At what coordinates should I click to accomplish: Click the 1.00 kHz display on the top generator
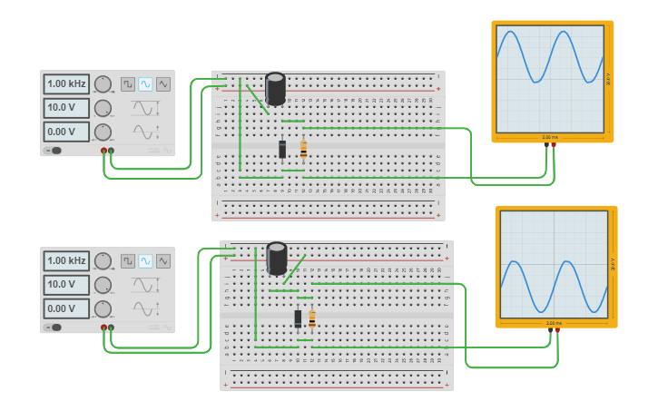pos(66,83)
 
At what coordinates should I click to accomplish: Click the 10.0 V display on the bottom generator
pos(66,285)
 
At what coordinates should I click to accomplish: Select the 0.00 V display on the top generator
pos(66,132)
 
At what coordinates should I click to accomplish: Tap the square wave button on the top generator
pos(128,83)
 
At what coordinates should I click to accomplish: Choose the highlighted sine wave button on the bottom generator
pos(145,260)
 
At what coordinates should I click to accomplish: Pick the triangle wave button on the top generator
pos(163,83)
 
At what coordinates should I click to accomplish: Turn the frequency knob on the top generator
pos(103,84)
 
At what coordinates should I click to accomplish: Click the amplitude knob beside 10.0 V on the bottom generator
pos(103,285)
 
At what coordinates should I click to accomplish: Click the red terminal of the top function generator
pos(104,151)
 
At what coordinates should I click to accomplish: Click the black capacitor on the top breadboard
pos(275,89)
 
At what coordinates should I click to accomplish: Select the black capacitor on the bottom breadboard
pos(277,258)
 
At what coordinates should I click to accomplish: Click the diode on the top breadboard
pos(282,149)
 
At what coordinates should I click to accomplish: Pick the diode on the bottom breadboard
pos(298,318)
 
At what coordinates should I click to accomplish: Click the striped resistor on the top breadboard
pos(303,149)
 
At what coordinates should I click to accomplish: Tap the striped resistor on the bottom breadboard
pos(312,318)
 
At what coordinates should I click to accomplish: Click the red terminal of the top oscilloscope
pos(554,144)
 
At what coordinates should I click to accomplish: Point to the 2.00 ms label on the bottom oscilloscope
pos(554,322)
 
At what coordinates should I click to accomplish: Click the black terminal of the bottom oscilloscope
pos(550,330)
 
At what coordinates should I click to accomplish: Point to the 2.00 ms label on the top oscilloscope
pos(550,137)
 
